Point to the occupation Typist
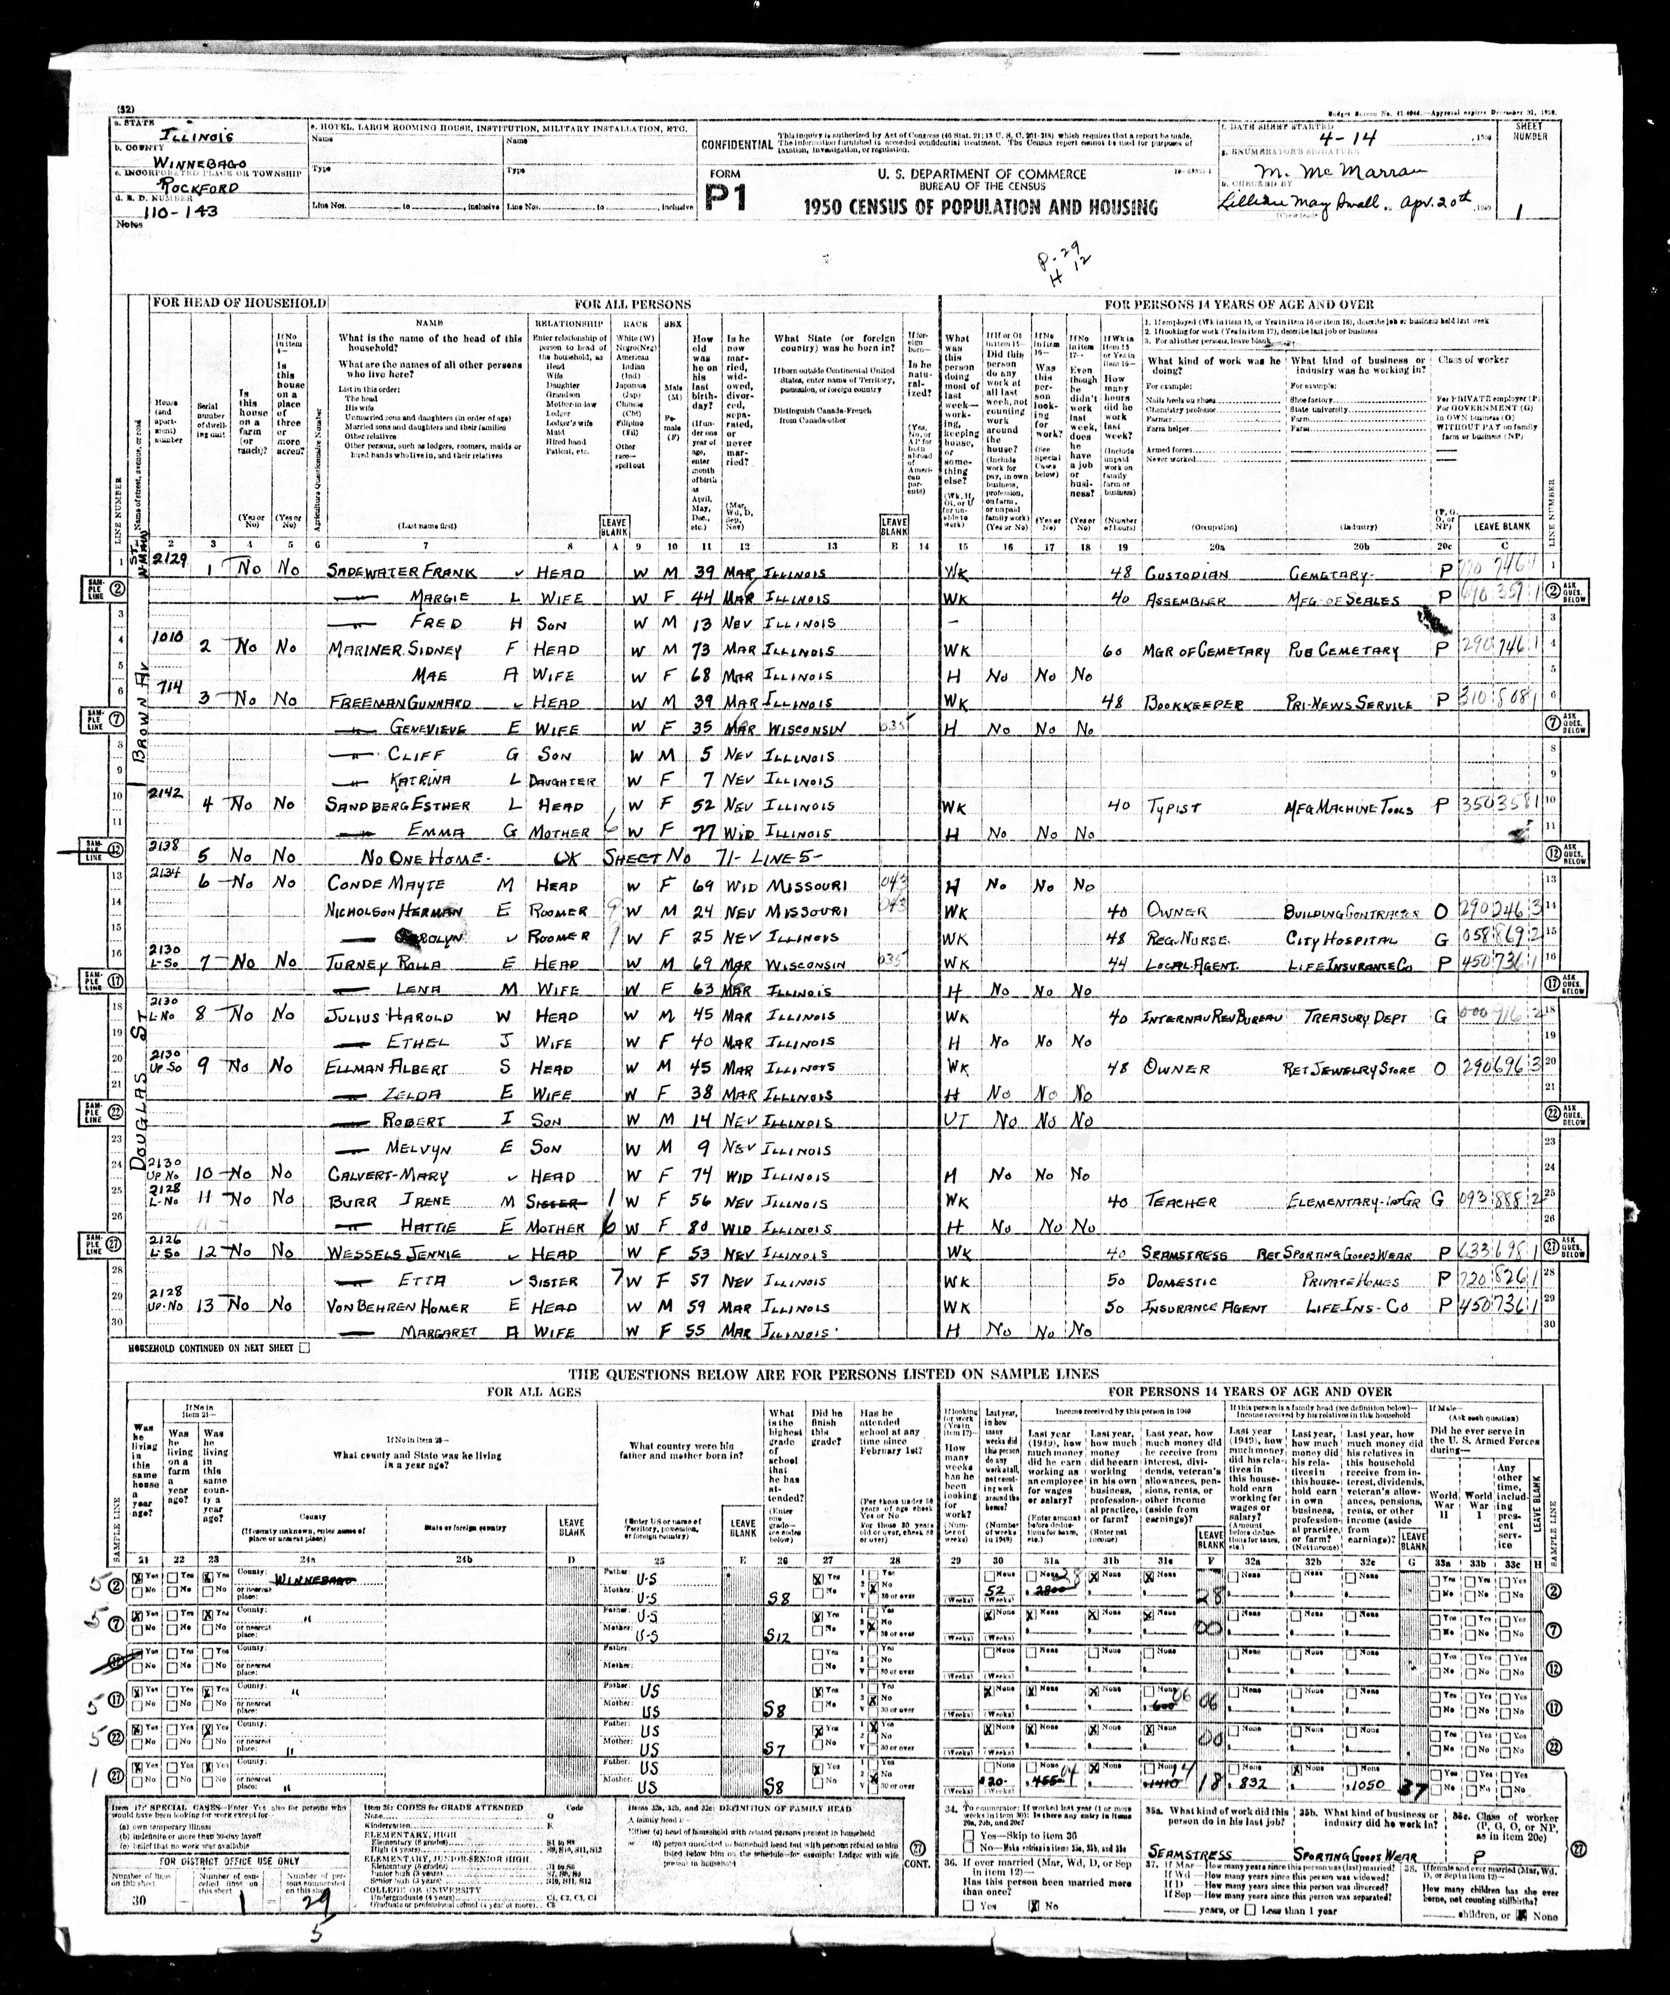[1173, 808]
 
